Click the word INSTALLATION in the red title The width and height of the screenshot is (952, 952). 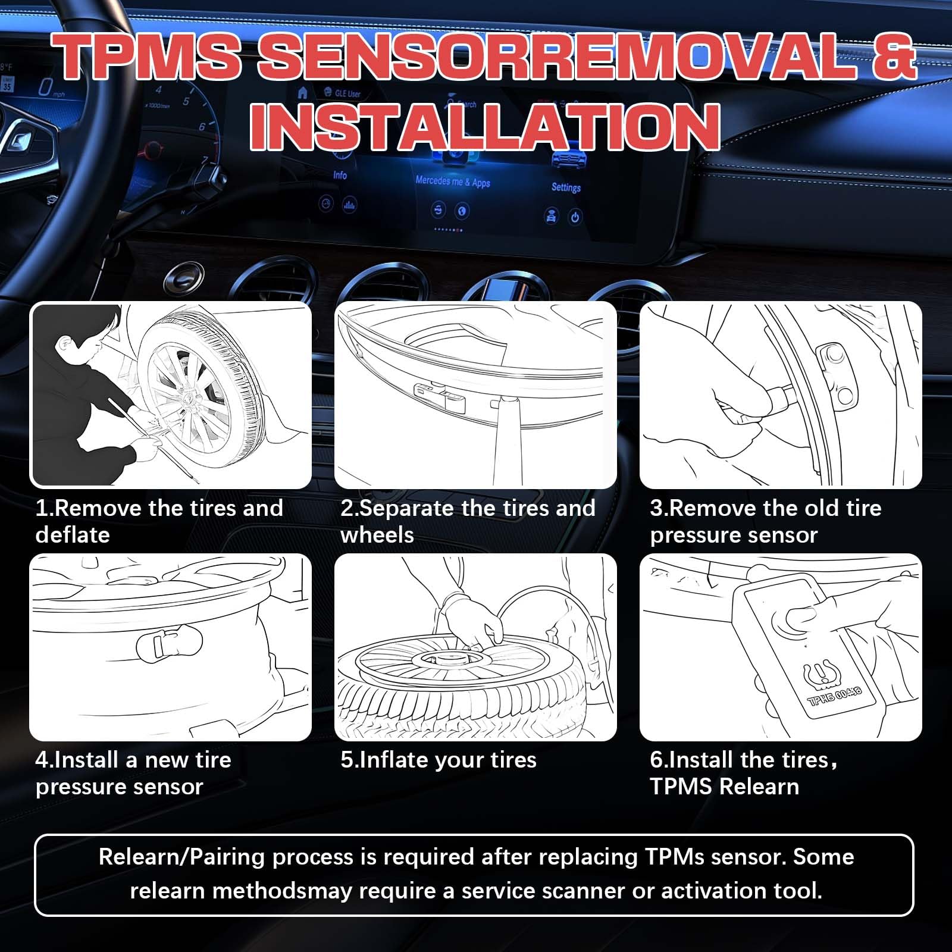coord(485,127)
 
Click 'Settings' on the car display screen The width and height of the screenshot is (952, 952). coord(565,187)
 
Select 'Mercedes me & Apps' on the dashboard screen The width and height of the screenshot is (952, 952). coord(453,181)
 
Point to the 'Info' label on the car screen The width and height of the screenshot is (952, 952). coord(340,175)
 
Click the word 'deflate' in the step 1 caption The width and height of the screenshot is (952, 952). coord(73,535)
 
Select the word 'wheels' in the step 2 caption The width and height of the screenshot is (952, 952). coord(377,535)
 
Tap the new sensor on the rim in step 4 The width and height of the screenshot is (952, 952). coord(168,644)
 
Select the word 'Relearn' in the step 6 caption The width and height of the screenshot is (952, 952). coord(759,787)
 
